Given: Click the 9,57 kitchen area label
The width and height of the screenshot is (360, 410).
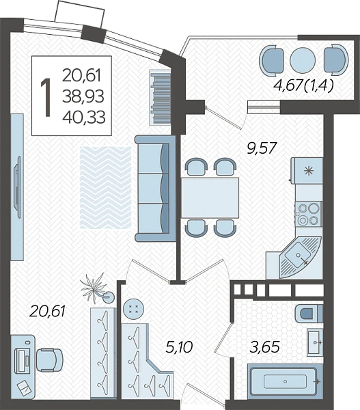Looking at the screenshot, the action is tap(262, 148).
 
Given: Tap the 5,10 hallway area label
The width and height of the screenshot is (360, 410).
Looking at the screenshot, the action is tap(180, 347).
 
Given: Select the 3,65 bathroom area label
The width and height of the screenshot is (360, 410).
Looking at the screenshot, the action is tap(265, 347).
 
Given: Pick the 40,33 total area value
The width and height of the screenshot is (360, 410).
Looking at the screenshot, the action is tap(84, 117).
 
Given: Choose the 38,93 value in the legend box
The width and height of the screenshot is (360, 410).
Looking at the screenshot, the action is tap(83, 96).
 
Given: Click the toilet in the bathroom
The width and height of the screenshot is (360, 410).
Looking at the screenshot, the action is tap(309, 313).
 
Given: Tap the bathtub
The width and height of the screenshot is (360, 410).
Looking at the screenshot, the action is tap(284, 382).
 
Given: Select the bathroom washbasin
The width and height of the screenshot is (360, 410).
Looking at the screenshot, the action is tap(315, 342).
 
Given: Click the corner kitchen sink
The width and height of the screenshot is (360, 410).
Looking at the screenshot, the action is tap(300, 258).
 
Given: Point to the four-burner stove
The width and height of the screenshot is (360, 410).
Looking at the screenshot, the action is tap(309, 215).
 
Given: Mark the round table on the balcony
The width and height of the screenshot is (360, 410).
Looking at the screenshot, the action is tap(303, 60).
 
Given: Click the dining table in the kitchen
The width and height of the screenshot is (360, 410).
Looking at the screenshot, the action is tap(210, 197).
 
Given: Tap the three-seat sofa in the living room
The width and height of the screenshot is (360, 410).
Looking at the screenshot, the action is tap(155, 188).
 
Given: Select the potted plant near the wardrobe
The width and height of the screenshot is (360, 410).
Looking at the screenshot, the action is tap(97, 289).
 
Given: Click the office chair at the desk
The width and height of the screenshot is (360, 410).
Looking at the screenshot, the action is tap(49, 360).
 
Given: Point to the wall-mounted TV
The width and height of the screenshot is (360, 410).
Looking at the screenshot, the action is tap(18, 187).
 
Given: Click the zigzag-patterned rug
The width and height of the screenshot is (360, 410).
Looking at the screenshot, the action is tap(106, 187).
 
